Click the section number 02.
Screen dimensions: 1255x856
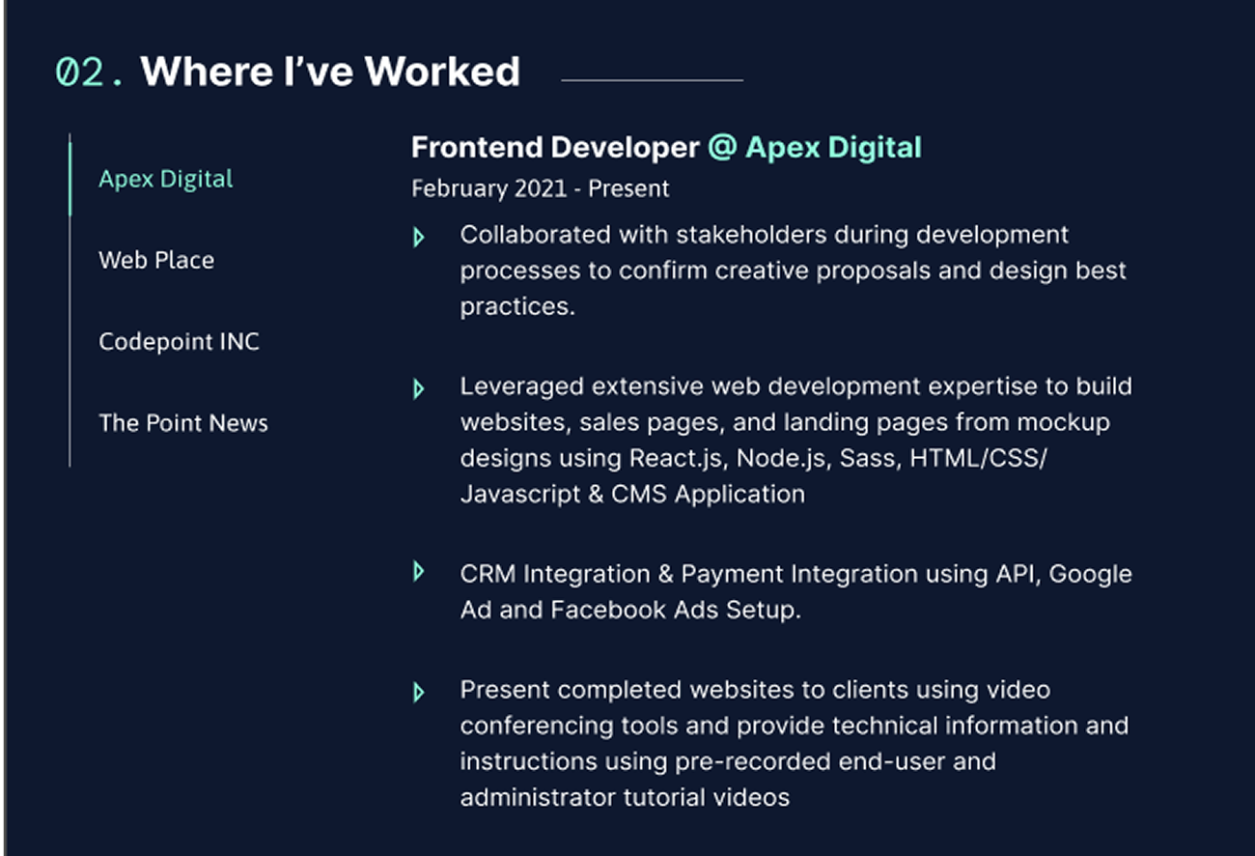coord(89,72)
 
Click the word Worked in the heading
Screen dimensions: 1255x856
coord(442,71)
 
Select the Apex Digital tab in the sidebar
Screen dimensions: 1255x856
coord(165,180)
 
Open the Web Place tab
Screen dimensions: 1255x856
coord(156,260)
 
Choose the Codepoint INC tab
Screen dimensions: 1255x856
coord(179,341)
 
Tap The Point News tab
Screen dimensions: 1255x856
coord(183,422)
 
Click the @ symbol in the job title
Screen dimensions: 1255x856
coord(722,148)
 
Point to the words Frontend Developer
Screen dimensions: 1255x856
coord(555,148)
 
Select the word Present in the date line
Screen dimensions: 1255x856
coord(628,188)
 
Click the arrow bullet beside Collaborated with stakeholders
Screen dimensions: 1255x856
coord(418,237)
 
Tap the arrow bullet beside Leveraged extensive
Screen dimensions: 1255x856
coord(418,389)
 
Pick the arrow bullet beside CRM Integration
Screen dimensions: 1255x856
coord(418,571)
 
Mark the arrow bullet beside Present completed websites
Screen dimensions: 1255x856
coord(418,693)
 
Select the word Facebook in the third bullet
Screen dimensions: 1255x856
coord(608,610)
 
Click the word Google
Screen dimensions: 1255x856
coord(1090,575)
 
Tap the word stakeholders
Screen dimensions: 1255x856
coord(751,235)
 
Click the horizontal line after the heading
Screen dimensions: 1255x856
coord(653,80)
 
